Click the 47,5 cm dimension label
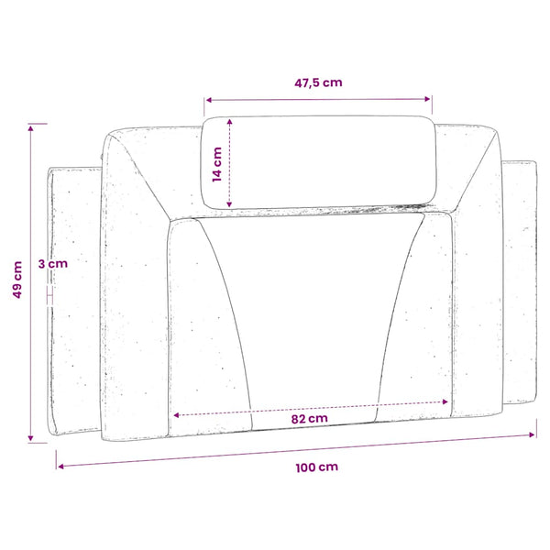318,82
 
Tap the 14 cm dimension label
217,164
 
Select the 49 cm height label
17,280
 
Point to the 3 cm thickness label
53,263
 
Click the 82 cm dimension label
310,419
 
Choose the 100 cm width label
317,467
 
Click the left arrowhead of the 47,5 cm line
209,100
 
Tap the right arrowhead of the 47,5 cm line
427,99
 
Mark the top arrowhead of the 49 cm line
31,128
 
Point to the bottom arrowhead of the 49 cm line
30,438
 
